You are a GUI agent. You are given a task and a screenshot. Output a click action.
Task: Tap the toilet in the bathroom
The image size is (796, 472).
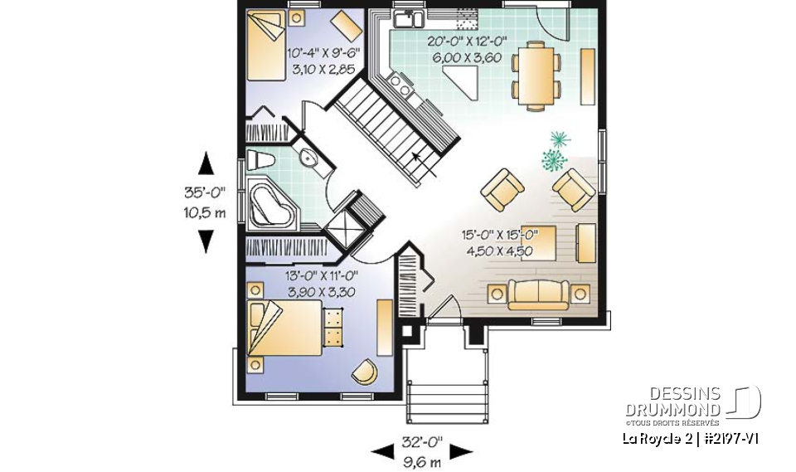[x=260, y=160]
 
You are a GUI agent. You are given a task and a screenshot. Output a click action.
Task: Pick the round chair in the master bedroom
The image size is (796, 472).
[x=364, y=370]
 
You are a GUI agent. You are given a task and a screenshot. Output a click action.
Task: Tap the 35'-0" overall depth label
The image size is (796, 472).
[x=205, y=192]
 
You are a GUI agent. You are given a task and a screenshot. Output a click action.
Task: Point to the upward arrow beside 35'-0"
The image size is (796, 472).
[x=206, y=162]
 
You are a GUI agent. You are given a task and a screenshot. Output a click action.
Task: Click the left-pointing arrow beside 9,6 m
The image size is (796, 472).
[x=382, y=452]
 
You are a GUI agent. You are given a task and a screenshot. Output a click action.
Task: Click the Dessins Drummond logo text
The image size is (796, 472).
[x=685, y=401]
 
